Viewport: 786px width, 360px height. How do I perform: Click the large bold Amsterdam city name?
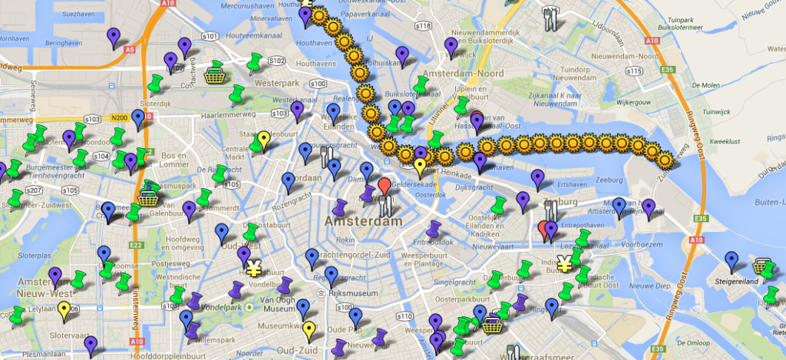coord(364,221)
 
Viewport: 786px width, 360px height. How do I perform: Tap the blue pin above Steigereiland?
coord(732,260)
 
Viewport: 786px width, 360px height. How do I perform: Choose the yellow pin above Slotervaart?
coord(64,310)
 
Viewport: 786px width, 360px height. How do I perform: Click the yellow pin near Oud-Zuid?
coord(308,331)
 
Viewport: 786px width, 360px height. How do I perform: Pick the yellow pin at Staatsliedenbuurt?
coord(263,139)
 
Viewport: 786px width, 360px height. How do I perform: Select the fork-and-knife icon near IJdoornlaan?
coord(550,18)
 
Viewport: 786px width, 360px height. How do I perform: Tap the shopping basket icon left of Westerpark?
coord(215,74)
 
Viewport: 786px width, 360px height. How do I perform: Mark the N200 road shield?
coord(118,117)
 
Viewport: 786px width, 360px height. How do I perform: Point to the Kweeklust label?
coord(724,141)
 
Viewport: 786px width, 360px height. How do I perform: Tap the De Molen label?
coord(706,85)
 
